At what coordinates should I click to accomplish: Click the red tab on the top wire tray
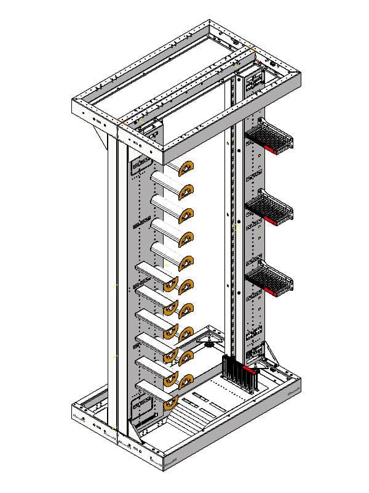pos(271,149)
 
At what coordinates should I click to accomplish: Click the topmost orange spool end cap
pos(187,167)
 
